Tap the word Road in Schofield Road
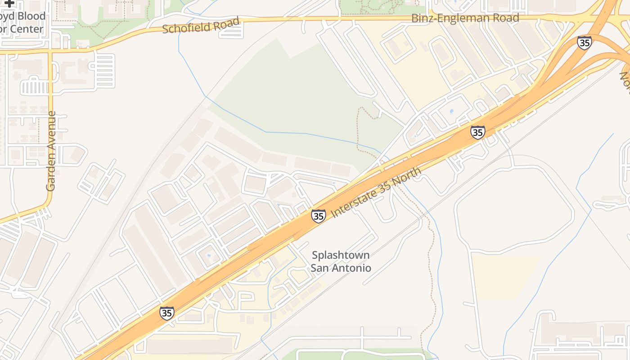pyautogui.click(x=224, y=23)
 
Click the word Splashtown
pyautogui.click(x=341, y=255)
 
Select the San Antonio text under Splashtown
pyautogui.click(x=341, y=268)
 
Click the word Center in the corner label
pyautogui.click(x=27, y=29)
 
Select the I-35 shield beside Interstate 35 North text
pyautogui.click(x=318, y=216)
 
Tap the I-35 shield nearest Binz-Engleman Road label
pyautogui.click(x=584, y=43)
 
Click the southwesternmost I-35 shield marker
pyautogui.click(x=166, y=313)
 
